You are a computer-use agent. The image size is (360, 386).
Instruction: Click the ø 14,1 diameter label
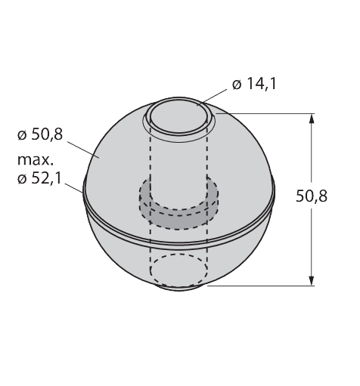pos(253,85)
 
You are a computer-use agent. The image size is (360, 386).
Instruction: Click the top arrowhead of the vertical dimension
pos(312,118)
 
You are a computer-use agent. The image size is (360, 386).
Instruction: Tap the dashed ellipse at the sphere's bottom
pos(178,269)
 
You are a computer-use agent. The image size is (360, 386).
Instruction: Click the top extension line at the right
pos(265,113)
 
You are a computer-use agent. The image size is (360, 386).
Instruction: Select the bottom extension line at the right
pos(257,286)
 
